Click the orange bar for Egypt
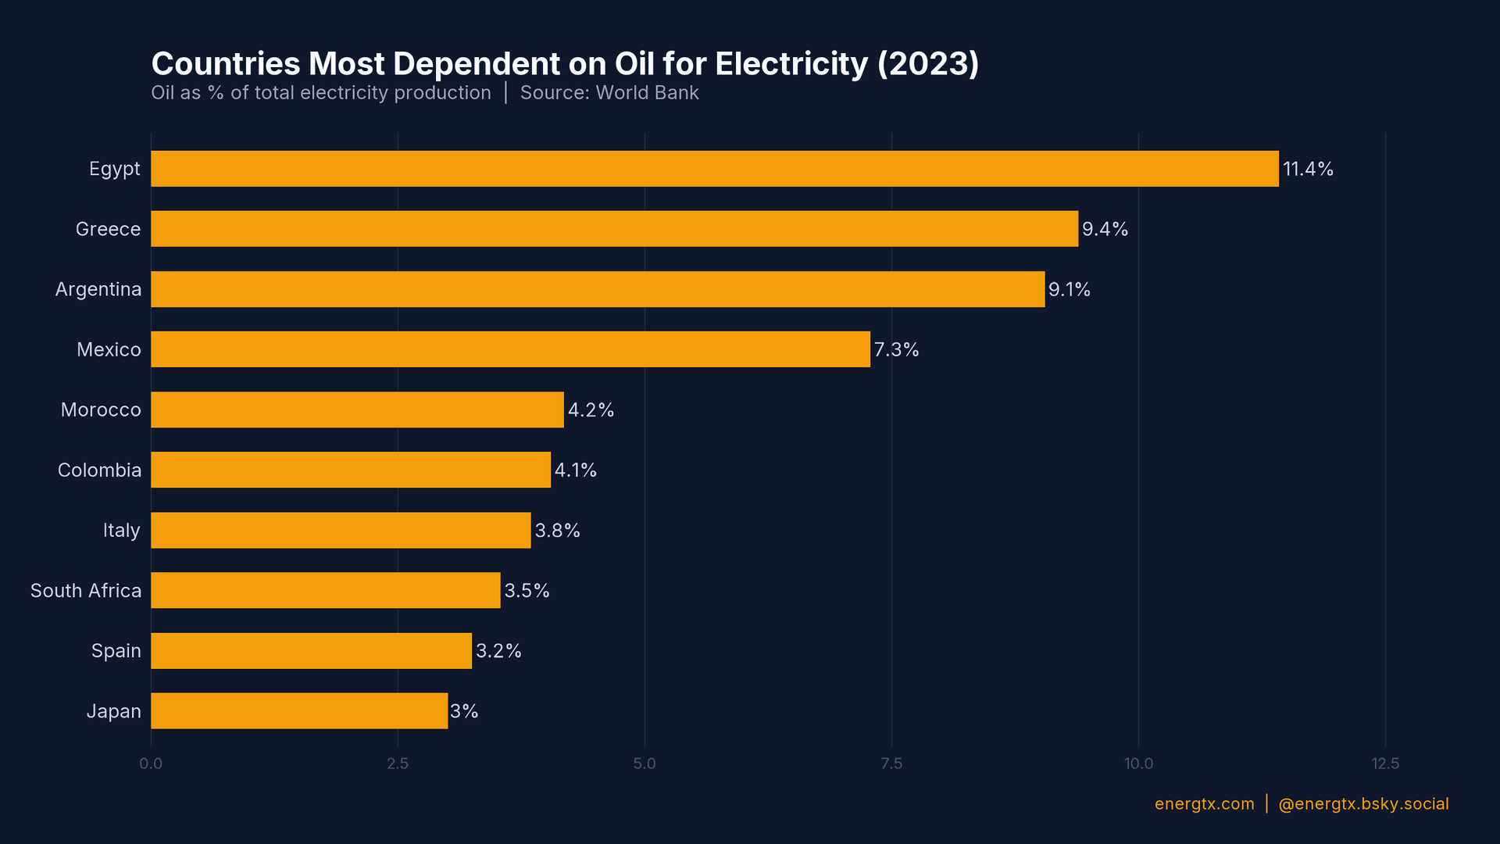(714, 169)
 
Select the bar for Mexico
(510, 349)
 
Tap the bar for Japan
(299, 711)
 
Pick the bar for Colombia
(351, 470)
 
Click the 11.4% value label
(1308, 169)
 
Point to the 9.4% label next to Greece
(1105, 229)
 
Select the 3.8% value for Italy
(557, 531)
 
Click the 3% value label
(464, 711)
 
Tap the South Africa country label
(86, 591)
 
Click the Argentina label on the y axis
(98, 289)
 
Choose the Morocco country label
(101, 409)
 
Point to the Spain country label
(116, 651)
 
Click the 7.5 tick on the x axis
(891, 764)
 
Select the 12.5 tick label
(1385, 764)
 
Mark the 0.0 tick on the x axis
(151, 764)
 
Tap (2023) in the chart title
(928, 64)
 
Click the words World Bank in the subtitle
(647, 93)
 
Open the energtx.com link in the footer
(1204, 804)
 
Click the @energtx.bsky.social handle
(1363, 804)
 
